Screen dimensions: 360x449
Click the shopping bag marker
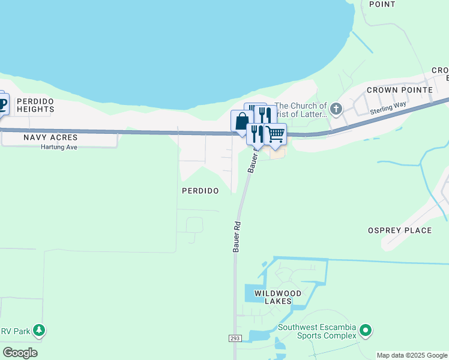coord(241,121)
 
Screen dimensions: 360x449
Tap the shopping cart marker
coord(275,134)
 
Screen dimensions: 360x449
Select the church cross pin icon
coord(336,109)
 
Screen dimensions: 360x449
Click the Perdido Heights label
coord(35,105)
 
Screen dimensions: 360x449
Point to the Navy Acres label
coord(51,137)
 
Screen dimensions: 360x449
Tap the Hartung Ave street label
coord(59,147)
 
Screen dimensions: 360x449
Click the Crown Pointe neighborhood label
coord(400,90)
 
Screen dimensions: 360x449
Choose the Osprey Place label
coord(399,230)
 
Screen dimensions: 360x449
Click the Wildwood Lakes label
coord(277,297)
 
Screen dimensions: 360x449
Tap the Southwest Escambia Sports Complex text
coord(316,332)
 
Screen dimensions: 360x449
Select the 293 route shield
coord(235,339)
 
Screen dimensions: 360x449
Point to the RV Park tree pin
coord(39,330)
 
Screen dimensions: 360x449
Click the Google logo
coord(20,352)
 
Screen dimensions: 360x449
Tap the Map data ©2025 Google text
coord(412,355)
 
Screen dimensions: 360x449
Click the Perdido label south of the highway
coord(200,190)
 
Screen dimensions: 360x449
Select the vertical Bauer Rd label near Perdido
coord(237,237)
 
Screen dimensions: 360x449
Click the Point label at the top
coord(382,4)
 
